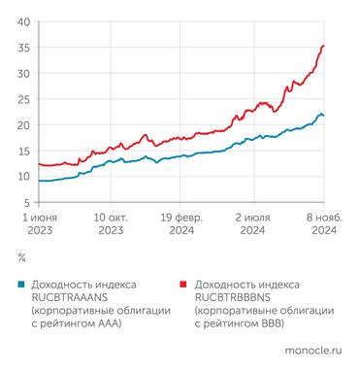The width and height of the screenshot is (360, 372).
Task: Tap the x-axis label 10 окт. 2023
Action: (109, 223)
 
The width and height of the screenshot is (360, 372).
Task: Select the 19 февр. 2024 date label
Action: (181, 223)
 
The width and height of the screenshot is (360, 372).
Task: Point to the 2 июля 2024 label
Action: (253, 223)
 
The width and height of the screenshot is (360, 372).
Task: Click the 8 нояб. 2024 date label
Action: (323, 223)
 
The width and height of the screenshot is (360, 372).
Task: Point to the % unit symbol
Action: (22, 257)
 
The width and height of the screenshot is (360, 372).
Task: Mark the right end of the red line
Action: (324, 46)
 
